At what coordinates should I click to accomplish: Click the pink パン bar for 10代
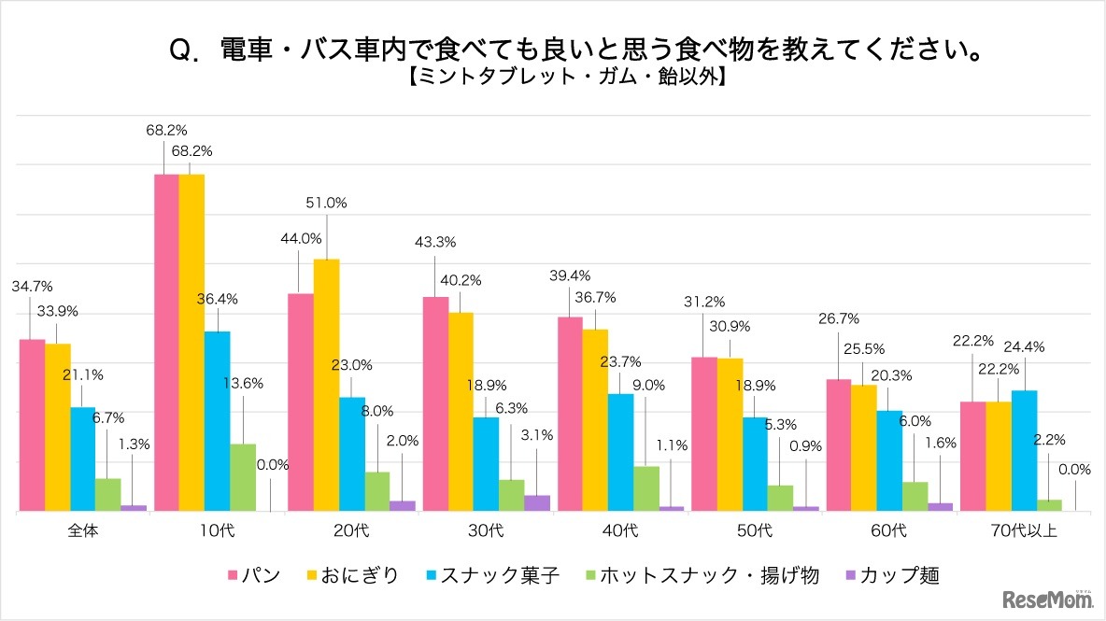[165, 343]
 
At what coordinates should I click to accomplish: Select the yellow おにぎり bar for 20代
[326, 385]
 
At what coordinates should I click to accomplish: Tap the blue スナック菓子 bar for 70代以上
[1024, 450]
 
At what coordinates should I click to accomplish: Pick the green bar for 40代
[645, 488]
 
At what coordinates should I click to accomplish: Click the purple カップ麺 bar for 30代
[537, 503]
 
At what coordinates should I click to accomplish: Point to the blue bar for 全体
[83, 459]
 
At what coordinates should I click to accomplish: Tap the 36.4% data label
[219, 299]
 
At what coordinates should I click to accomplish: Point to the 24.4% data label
[1025, 346]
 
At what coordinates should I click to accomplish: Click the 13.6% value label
[244, 383]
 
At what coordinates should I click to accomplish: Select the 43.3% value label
[434, 242]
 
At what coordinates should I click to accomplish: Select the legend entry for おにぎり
[350, 575]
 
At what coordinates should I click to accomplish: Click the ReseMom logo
[1046, 599]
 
